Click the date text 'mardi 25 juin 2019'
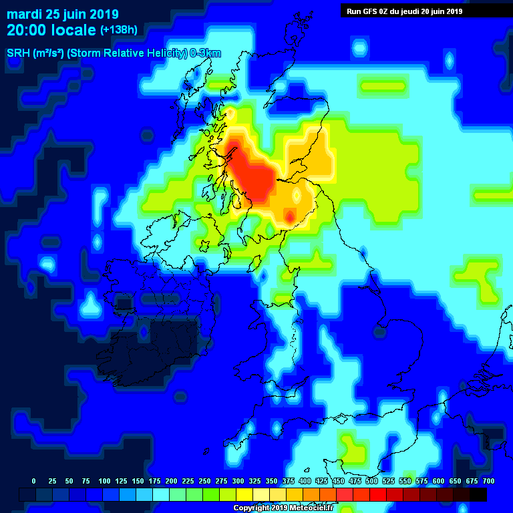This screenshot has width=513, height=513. click(x=63, y=14)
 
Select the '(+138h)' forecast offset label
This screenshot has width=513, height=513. click(x=118, y=30)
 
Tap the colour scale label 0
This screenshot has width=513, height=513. click(x=33, y=481)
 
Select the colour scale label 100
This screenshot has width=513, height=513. click(x=104, y=481)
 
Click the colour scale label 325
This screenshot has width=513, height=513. click(x=254, y=481)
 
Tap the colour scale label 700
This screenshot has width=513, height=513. click(x=488, y=481)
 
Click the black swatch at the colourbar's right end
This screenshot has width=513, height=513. click(x=478, y=494)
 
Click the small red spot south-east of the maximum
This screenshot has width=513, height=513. click(x=290, y=216)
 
